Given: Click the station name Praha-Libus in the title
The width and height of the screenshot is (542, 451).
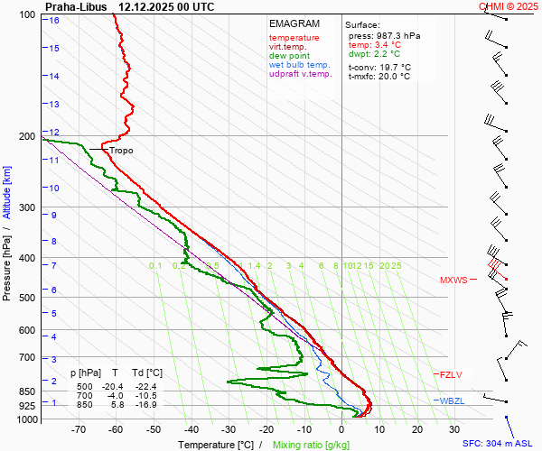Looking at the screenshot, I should tap(76, 6).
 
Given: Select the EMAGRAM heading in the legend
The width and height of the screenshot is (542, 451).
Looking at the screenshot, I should tap(294, 23).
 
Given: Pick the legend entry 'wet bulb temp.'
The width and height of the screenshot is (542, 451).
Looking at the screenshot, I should tap(300, 65).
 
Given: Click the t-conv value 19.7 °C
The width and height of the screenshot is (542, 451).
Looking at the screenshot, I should tap(392, 67).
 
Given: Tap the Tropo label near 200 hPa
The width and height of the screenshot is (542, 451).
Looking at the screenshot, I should tap(121, 151).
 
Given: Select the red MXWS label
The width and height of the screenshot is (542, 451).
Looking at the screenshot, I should tap(453, 281).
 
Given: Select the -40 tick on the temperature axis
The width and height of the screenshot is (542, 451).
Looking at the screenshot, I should tap(191, 429).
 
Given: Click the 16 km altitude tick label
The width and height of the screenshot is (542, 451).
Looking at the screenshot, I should tap(54, 21).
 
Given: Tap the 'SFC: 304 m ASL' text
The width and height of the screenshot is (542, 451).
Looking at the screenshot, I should tap(500, 444).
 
